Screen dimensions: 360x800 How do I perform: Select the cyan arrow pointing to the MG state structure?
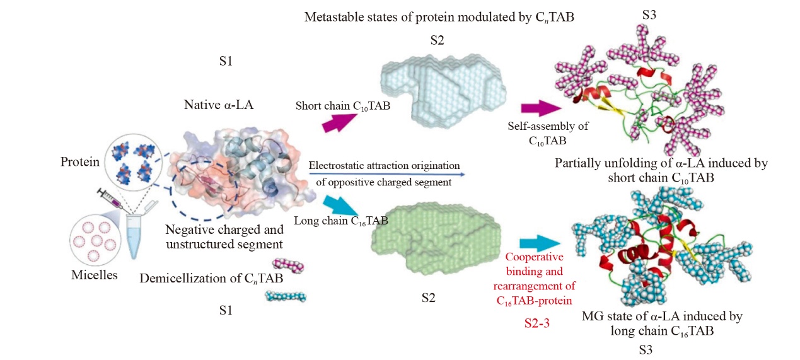pos(540,243)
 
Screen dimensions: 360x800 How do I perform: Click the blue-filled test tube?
pos(134,234)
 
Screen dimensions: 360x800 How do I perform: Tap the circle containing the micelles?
pos(94,241)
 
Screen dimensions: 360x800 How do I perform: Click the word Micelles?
pos(94,276)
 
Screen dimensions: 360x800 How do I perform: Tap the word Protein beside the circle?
pos(79,162)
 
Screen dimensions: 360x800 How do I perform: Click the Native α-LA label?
pos(219,105)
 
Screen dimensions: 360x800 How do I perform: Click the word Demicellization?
pos(180,278)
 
